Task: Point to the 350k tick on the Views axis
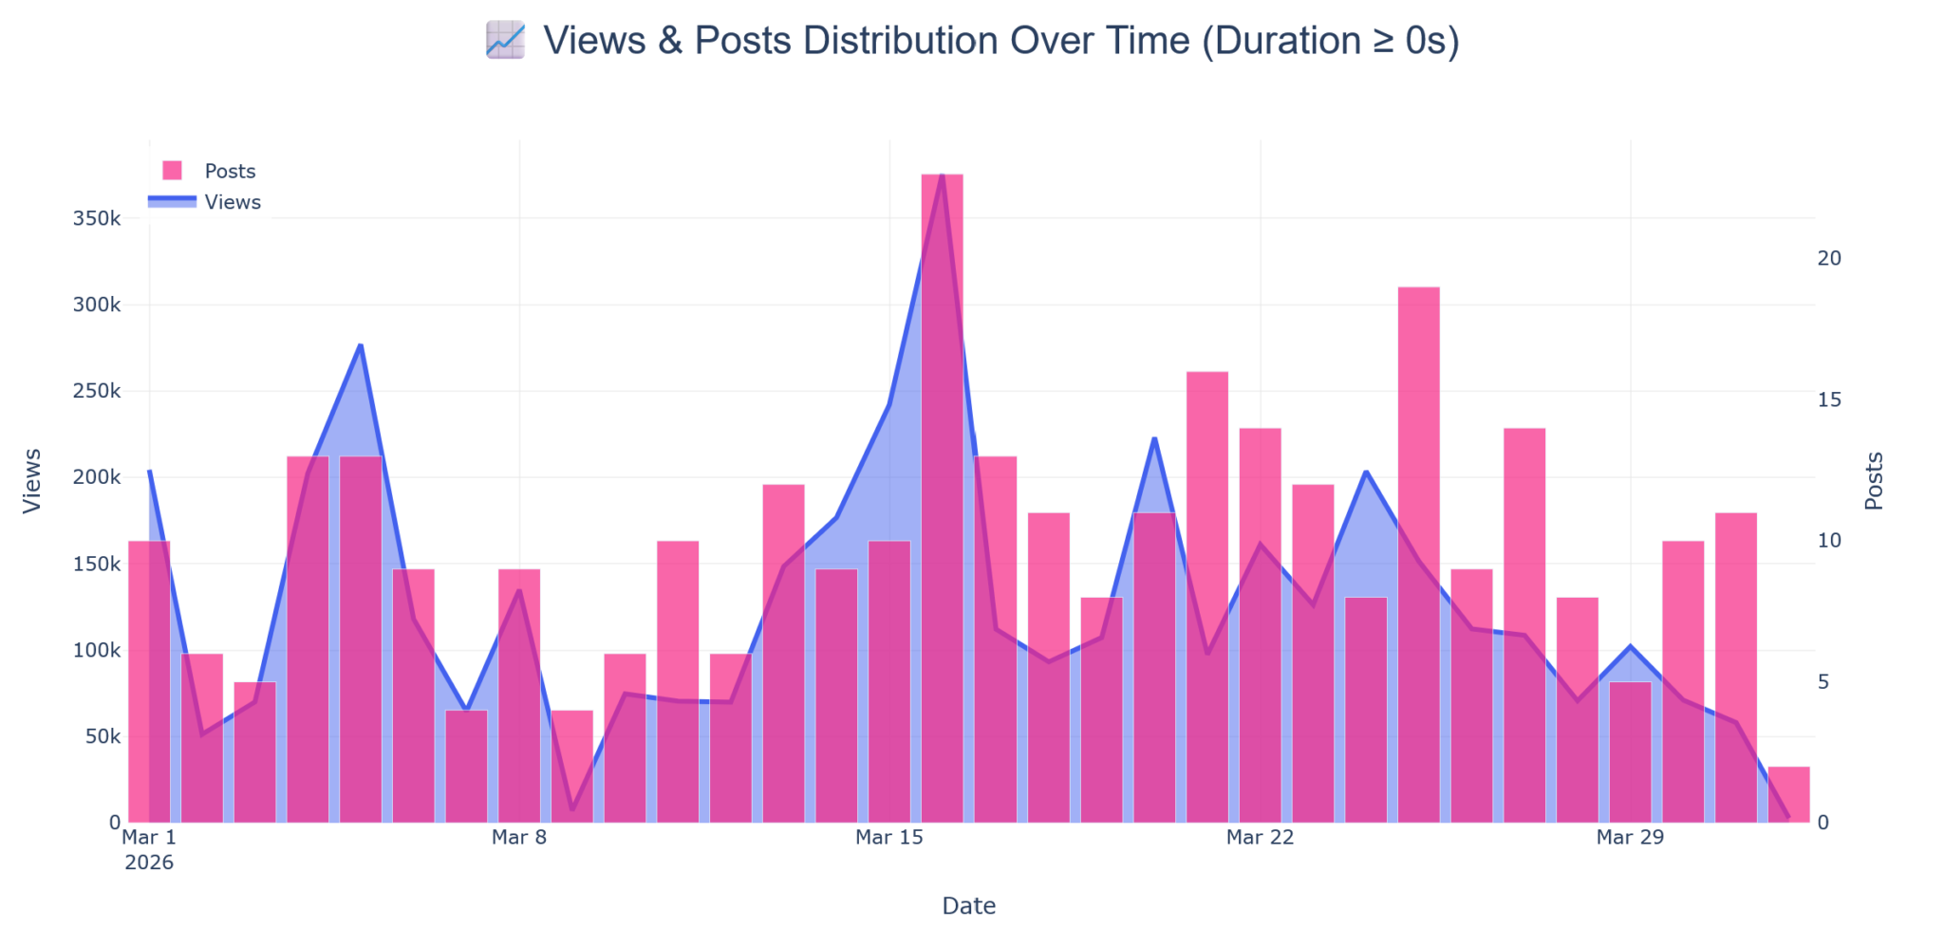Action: [97, 218]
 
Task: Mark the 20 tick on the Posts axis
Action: [1828, 258]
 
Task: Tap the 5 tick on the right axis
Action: [1822, 682]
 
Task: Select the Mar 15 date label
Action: [888, 837]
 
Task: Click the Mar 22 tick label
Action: [1260, 837]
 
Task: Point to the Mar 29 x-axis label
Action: [1630, 837]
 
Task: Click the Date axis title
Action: [968, 906]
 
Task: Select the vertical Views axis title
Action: [32, 481]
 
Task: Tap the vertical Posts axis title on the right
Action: [1874, 481]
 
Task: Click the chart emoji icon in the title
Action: [505, 41]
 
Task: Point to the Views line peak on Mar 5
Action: [361, 345]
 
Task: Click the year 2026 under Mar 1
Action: [149, 862]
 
